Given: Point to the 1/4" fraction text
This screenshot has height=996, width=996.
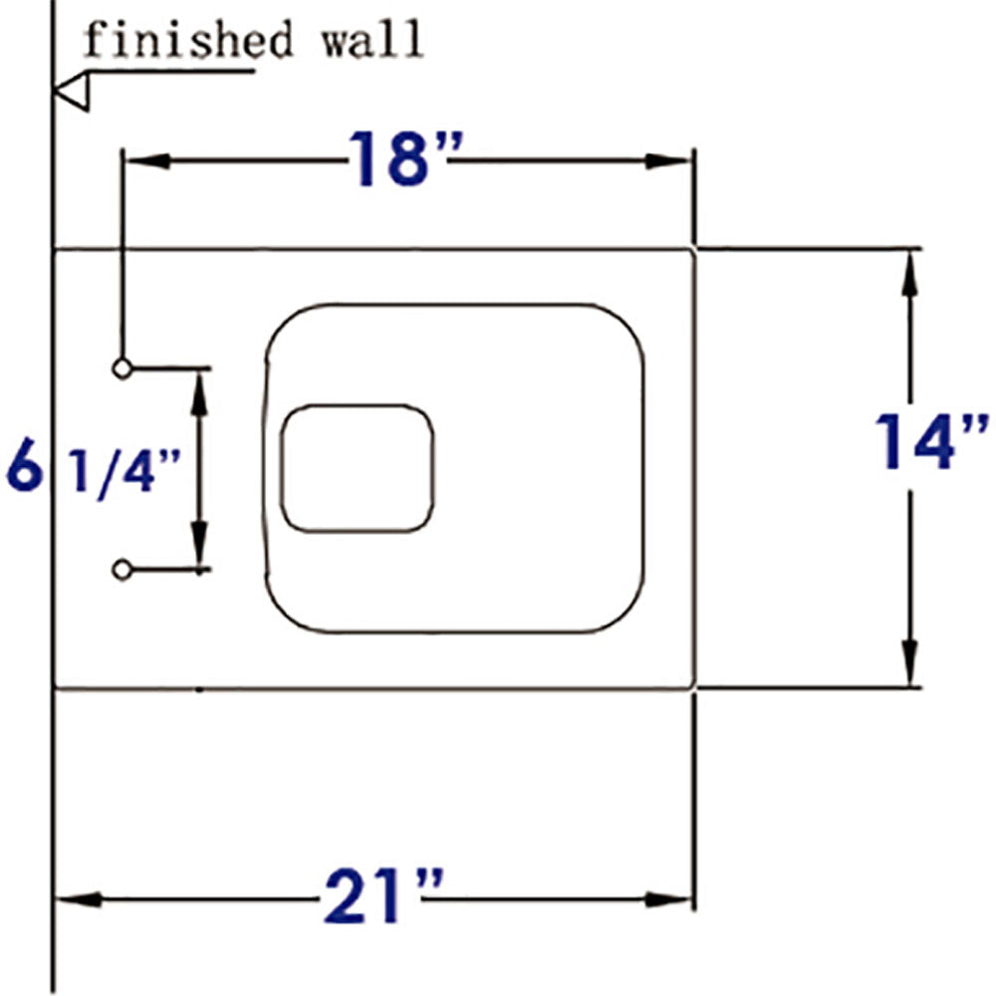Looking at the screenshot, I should [124, 469].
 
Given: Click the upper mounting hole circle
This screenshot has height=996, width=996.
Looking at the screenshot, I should [122, 369].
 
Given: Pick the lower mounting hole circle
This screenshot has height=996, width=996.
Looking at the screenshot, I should [122, 570].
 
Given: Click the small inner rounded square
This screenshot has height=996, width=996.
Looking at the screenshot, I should [358, 467].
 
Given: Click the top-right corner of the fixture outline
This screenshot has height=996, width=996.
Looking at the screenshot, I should [693, 249].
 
